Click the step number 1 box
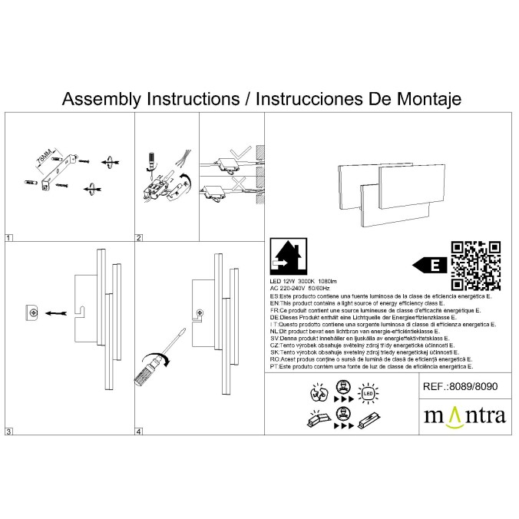coord(8,238)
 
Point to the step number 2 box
coord(139,238)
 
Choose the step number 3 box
coord(8,432)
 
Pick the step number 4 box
coord(139,432)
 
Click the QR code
coord(475,265)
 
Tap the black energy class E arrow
coord(430,266)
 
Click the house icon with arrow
coord(289,259)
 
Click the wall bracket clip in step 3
coord(34,312)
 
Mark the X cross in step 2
coord(243,183)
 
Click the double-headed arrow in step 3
coord(56,313)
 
